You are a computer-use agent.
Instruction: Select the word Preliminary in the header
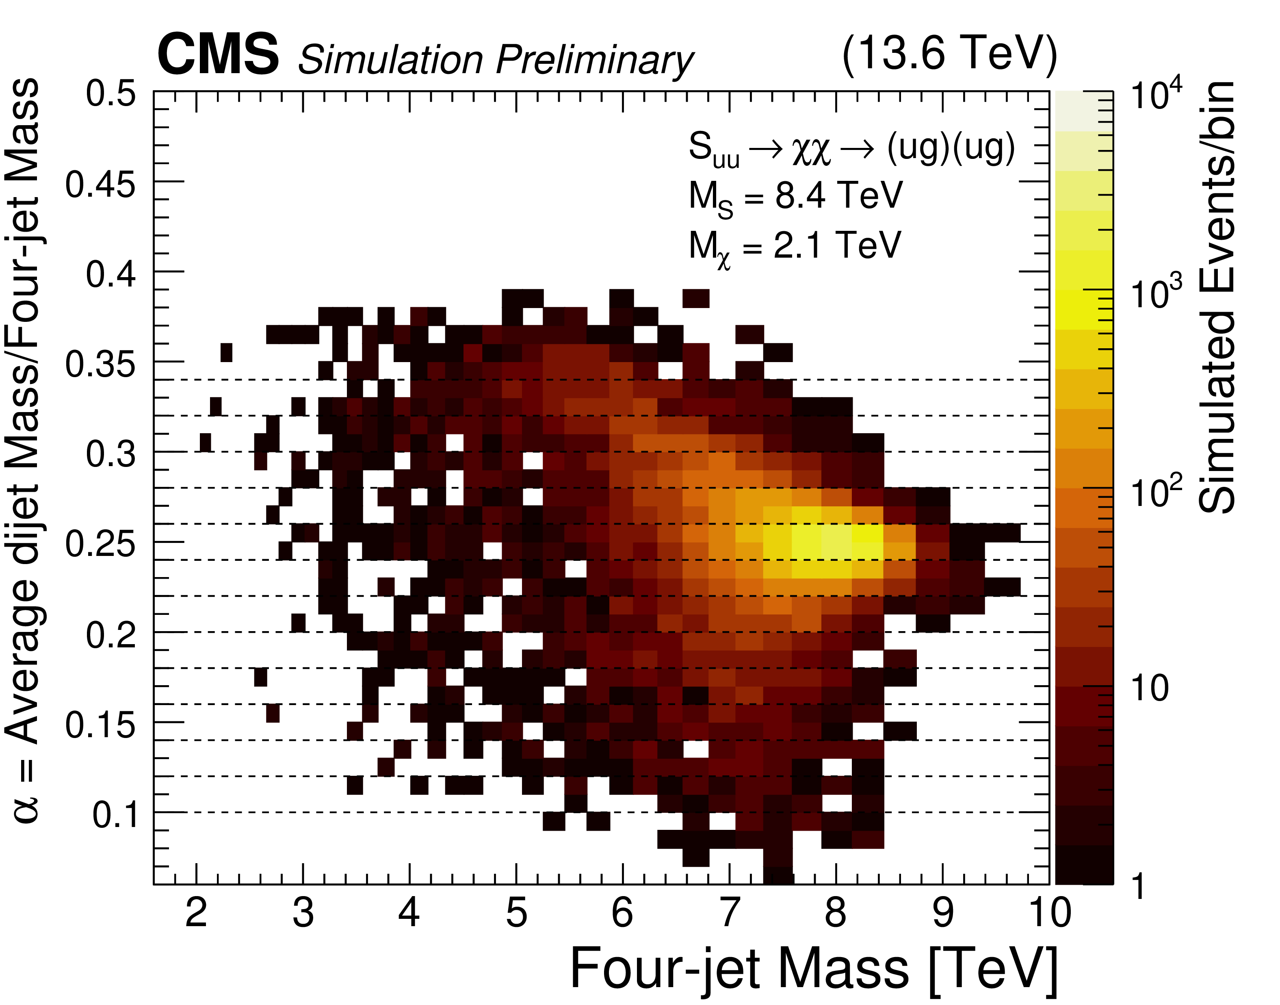(595, 61)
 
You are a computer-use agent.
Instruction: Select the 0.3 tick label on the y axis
(110, 454)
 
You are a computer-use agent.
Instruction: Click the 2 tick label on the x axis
(196, 913)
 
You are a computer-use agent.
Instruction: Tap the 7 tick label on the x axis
(730, 913)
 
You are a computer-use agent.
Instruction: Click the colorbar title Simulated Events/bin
(1217, 297)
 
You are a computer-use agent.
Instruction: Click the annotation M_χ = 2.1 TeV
(795, 247)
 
